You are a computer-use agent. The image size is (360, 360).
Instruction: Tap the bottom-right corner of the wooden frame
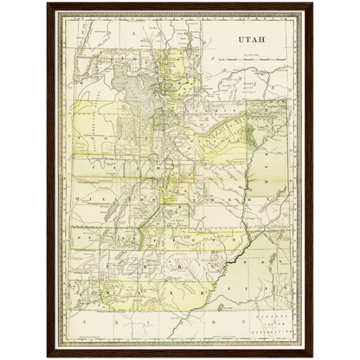(313, 356)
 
